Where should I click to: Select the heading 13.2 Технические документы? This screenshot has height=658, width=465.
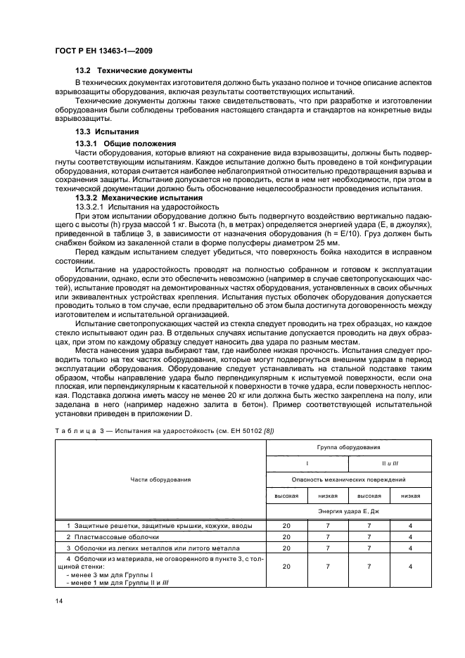pos(134,72)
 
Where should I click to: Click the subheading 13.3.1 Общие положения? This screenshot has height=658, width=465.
pos(125,143)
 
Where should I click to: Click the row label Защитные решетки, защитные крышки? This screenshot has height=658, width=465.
pos(141,525)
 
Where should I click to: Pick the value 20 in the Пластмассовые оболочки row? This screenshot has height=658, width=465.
pos(286,536)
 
